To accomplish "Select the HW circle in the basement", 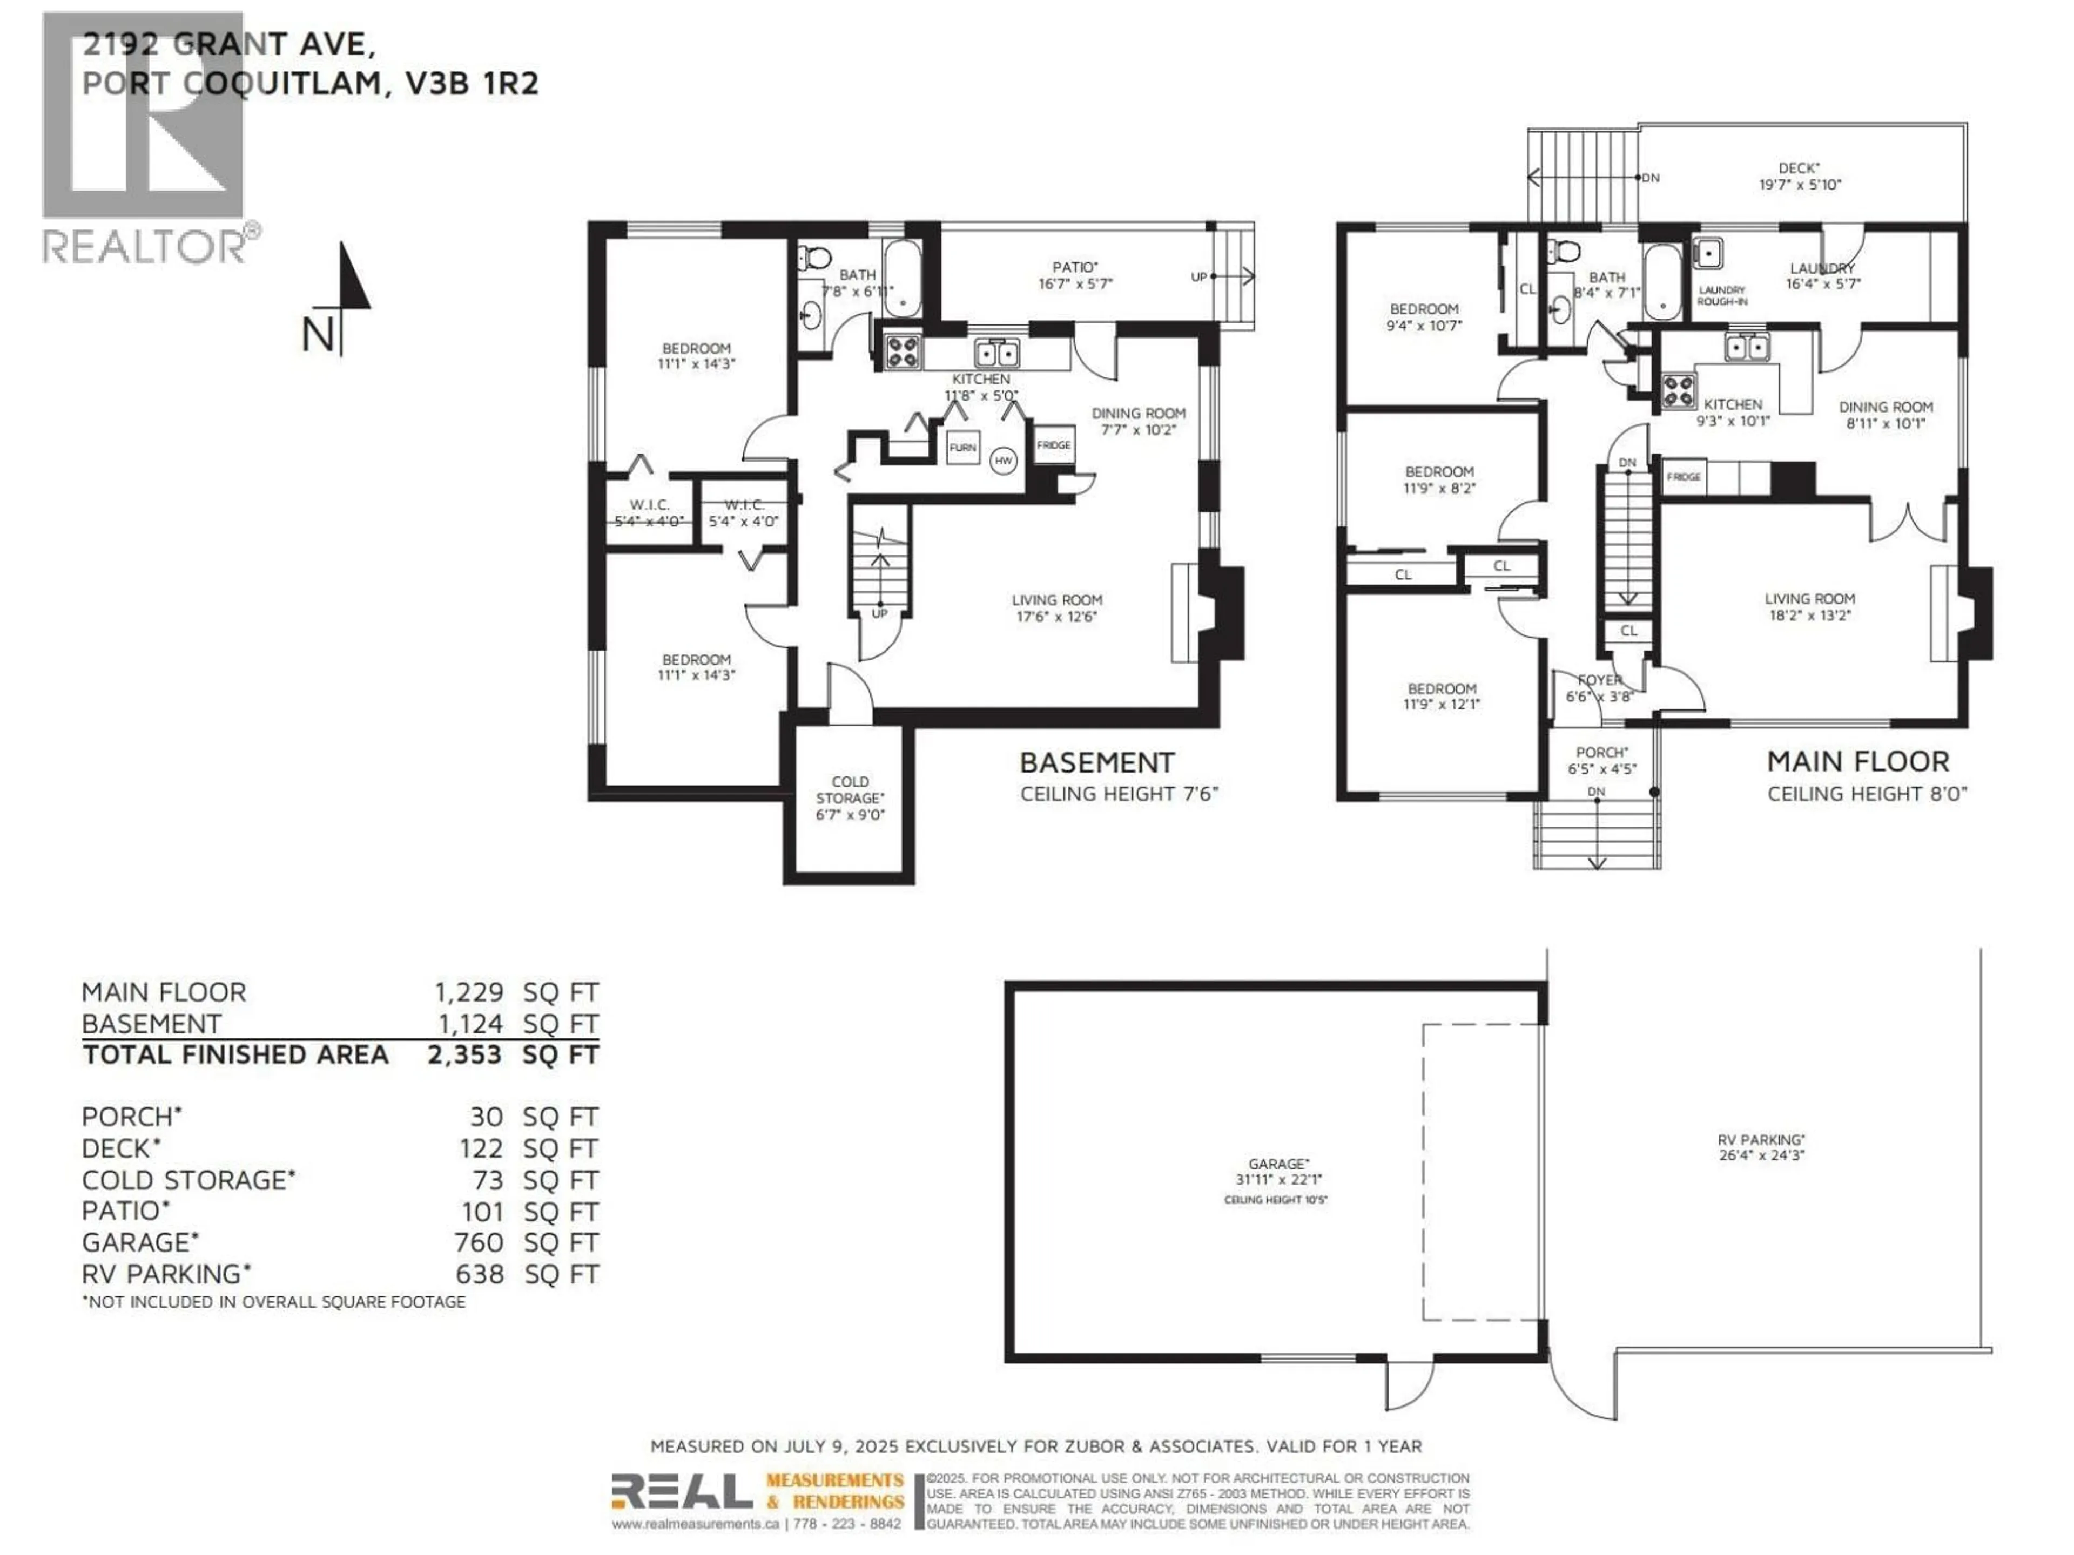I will pos(1004,460).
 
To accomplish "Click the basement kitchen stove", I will pos(902,351).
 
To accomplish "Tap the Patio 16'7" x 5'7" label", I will pos(1074,275).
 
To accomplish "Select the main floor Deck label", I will pos(1799,176).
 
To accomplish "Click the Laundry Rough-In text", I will pos(1721,296).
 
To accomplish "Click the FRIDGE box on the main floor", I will pos(1684,477).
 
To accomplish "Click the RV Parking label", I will pos(1761,1147).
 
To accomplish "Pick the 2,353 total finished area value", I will pos(464,1054).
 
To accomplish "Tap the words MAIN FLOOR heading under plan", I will pos(1857,761).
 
